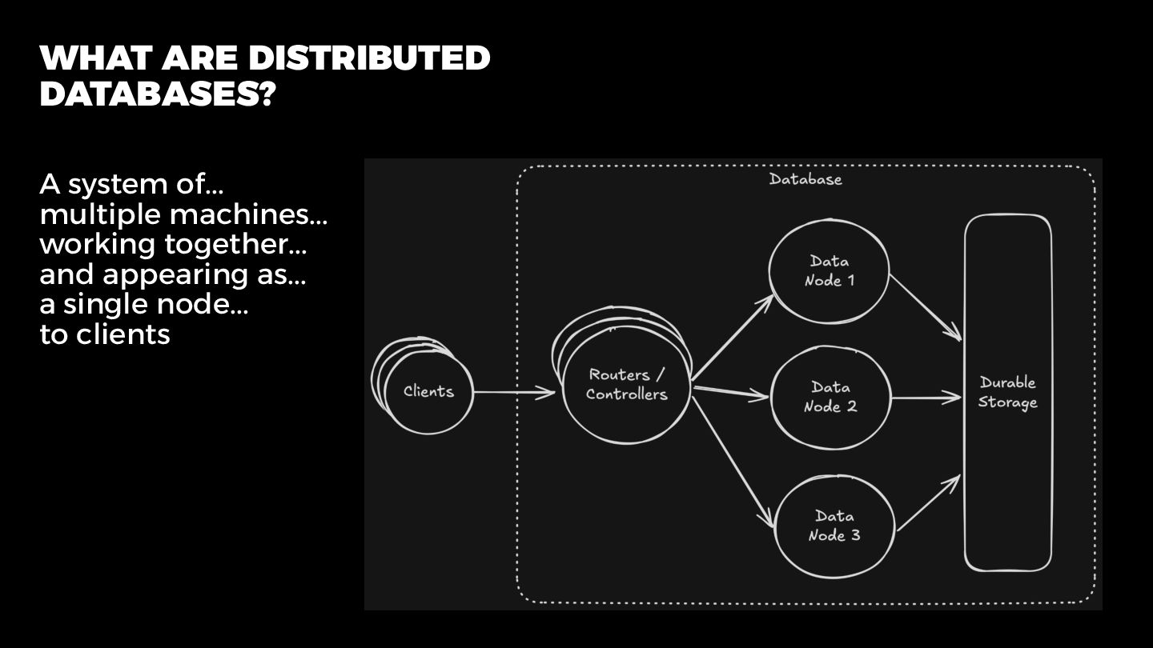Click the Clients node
[428, 392]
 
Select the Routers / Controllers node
[626, 385]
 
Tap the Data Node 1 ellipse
[829, 270]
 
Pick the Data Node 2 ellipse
[830, 397]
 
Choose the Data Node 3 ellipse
[834, 526]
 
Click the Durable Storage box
[1007, 393]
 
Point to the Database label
[805, 179]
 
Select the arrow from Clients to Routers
[513, 392]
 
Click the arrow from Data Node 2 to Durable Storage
[926, 397]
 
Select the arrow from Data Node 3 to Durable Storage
[928, 503]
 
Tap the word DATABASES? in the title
[158, 94]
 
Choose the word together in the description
[235, 244]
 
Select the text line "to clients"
[105, 334]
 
